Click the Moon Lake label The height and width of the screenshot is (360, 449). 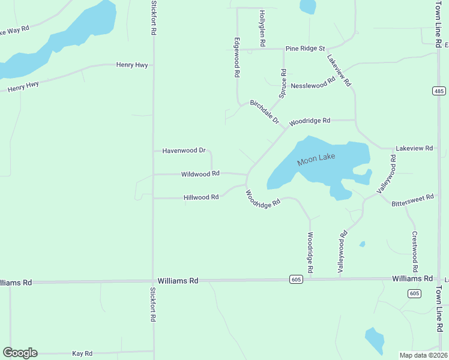pos(315,160)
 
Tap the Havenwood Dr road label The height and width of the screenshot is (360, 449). pos(184,151)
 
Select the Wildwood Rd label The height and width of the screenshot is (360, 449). pos(200,174)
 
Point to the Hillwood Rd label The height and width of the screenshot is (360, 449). pos(200,197)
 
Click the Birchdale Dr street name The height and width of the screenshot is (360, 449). pos(265,112)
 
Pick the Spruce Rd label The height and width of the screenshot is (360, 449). pos(283,83)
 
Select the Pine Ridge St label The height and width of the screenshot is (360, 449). pos(305,48)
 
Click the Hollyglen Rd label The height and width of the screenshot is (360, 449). pos(262,28)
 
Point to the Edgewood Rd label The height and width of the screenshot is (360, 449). pos(237,58)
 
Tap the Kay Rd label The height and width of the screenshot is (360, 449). pos(82,353)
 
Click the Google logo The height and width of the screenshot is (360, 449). pos(20,353)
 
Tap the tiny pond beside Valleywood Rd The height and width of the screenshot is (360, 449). pos(362,244)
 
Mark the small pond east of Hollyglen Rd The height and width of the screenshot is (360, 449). pos(308,7)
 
